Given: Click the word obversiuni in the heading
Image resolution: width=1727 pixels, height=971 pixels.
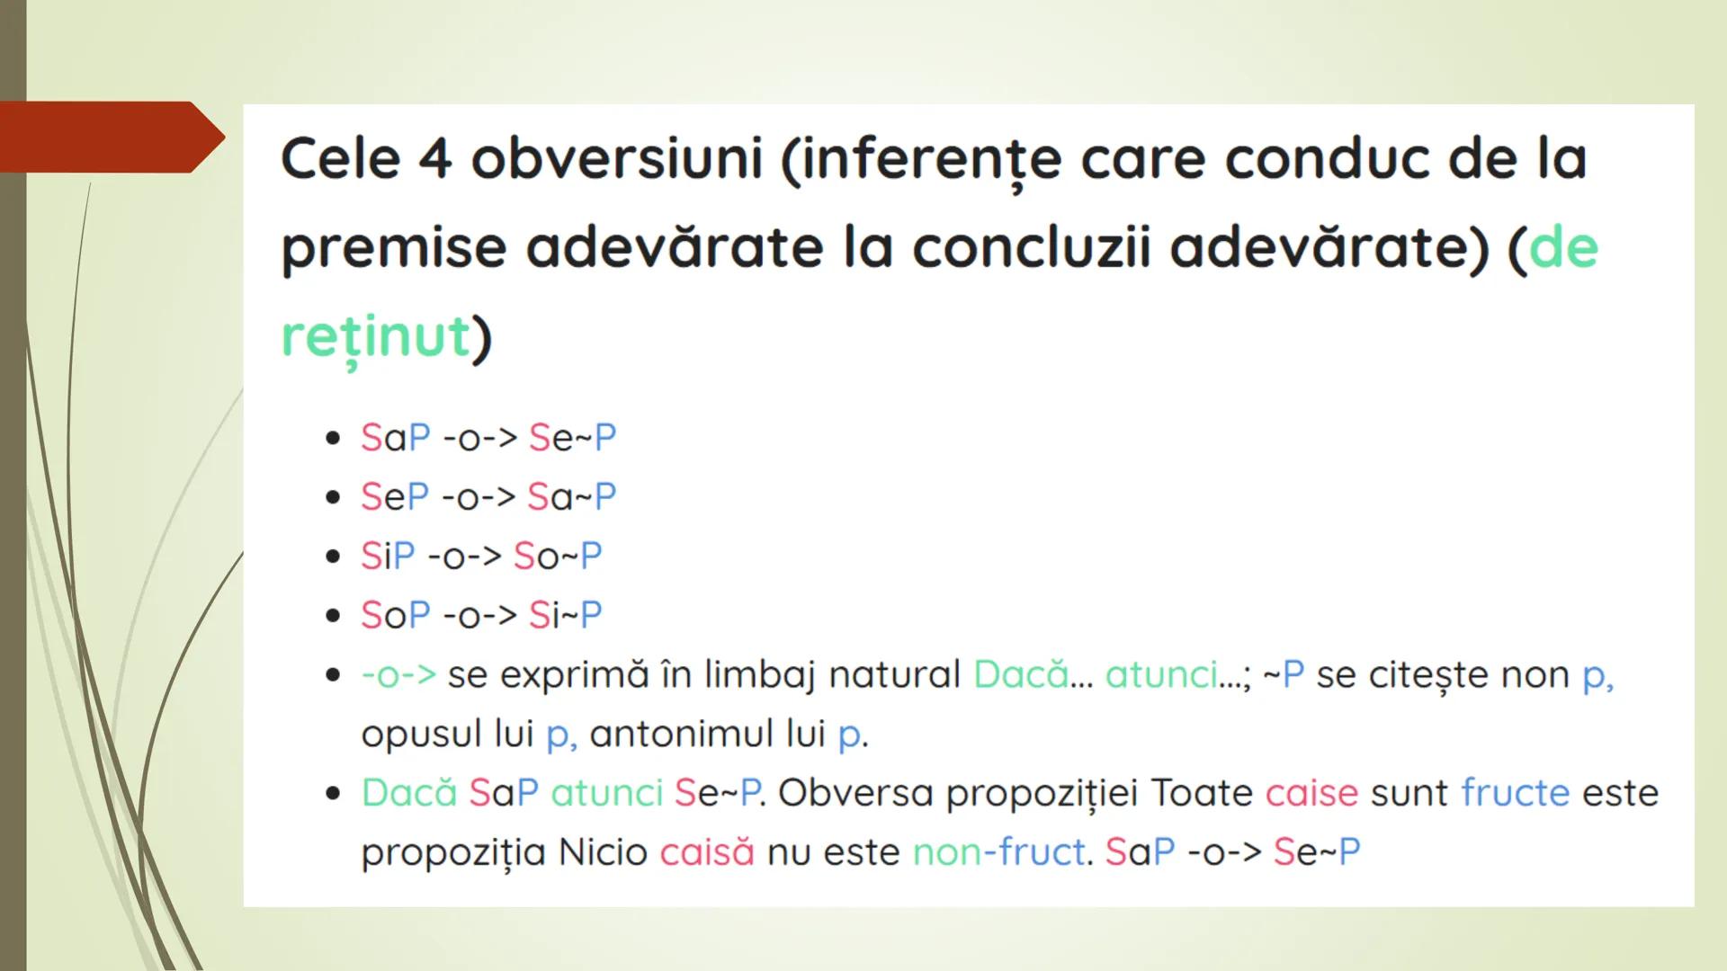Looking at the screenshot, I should pyautogui.click(x=617, y=160).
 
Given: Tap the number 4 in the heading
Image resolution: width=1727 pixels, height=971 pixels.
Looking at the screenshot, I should pyautogui.click(x=434, y=160).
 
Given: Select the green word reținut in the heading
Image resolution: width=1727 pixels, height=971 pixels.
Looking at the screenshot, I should pyautogui.click(x=376, y=336).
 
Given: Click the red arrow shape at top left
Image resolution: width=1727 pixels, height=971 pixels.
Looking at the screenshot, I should pyautogui.click(x=108, y=137).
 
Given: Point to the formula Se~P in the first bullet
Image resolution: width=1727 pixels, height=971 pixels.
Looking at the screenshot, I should pyautogui.click(x=572, y=438).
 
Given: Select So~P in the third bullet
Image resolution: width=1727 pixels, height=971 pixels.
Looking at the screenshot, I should pyautogui.click(x=558, y=557).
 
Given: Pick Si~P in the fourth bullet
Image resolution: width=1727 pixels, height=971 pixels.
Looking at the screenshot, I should pyautogui.click(x=565, y=616).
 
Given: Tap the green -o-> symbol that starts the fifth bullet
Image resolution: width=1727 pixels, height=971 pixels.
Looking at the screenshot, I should pyautogui.click(x=398, y=675).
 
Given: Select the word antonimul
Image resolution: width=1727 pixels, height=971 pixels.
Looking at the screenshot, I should pyautogui.click(x=707, y=735).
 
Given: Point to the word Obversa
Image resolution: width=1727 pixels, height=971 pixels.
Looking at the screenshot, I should pyautogui.click(x=855, y=793).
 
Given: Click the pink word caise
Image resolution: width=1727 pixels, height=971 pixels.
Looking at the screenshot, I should pyautogui.click(x=1311, y=793).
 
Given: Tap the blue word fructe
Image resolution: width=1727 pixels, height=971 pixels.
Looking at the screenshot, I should pyautogui.click(x=1515, y=793).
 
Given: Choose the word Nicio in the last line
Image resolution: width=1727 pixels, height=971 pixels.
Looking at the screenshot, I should pyautogui.click(x=603, y=852).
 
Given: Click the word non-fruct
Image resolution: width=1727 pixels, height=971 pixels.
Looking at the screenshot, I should pyautogui.click(x=998, y=852).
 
